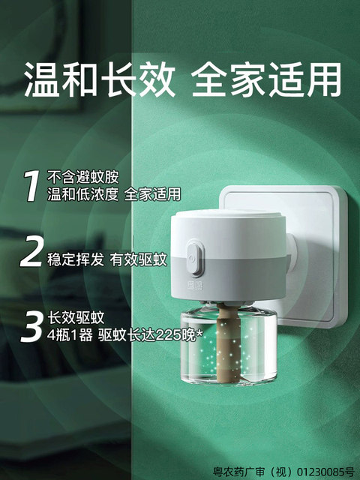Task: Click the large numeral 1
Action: click(x=31, y=185)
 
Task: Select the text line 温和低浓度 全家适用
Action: click(x=113, y=194)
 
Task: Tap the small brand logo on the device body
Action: click(x=195, y=285)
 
